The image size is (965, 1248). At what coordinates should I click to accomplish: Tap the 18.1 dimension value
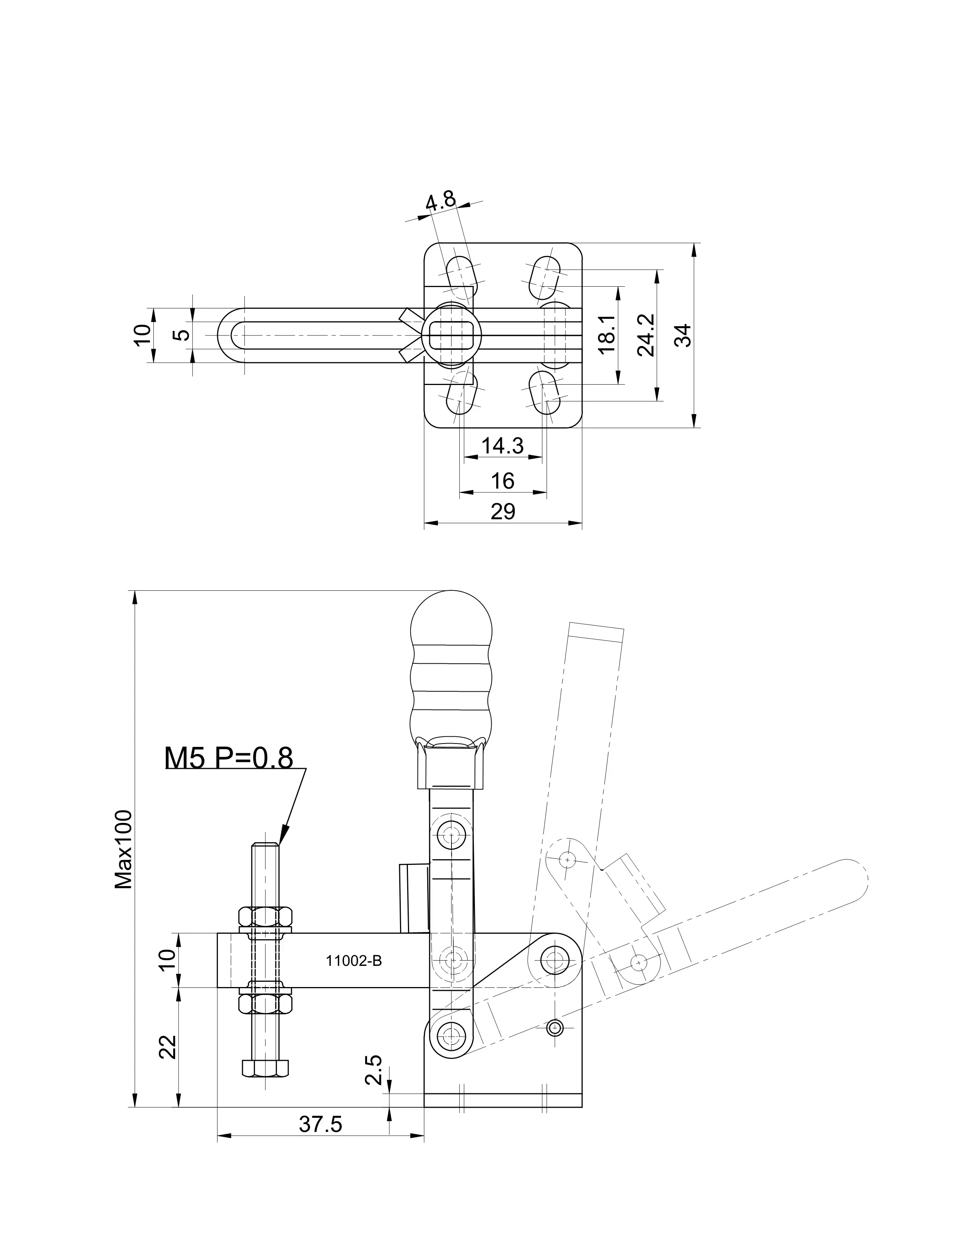607,334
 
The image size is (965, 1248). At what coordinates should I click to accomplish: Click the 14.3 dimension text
502,446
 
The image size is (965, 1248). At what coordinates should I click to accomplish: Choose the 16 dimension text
503,481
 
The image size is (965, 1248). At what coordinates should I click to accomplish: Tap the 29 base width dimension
503,511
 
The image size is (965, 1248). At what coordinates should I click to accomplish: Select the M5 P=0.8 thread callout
229,758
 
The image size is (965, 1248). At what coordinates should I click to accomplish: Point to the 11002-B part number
354,961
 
